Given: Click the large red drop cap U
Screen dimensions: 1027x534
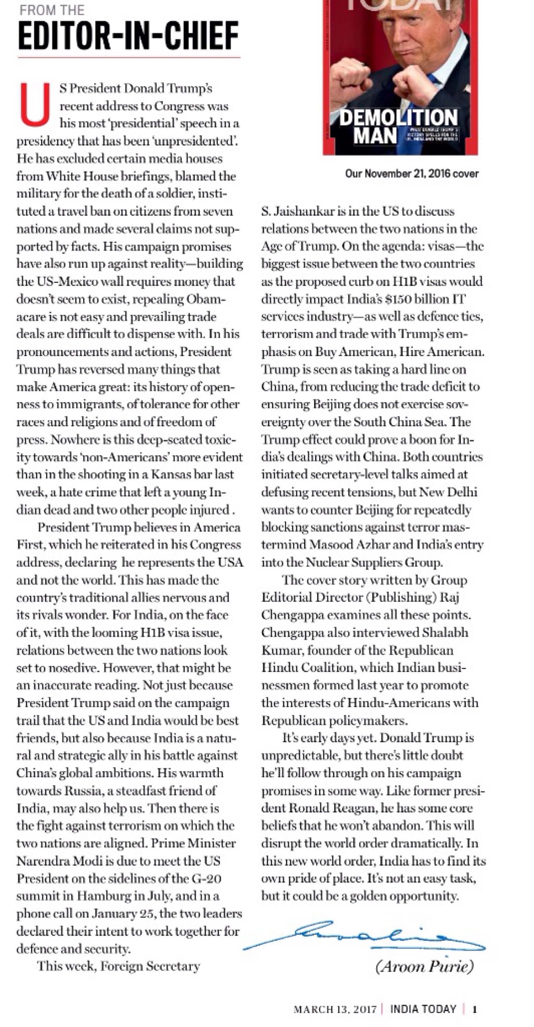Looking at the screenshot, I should (35, 104).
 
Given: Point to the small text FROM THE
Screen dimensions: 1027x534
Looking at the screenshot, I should (52, 10).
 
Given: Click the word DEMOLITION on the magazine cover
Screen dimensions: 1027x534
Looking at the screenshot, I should (398, 118).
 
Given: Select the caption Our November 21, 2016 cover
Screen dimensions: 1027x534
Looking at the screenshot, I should (412, 174).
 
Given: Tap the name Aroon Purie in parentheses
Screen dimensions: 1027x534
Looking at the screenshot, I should (424, 966).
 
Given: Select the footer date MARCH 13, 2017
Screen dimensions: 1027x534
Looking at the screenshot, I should (335, 1010).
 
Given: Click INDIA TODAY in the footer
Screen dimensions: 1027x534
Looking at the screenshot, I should (423, 1009).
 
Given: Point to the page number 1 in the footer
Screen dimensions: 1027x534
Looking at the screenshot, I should (475, 1010).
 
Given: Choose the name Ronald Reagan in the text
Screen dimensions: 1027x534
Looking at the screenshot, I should (333, 808).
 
